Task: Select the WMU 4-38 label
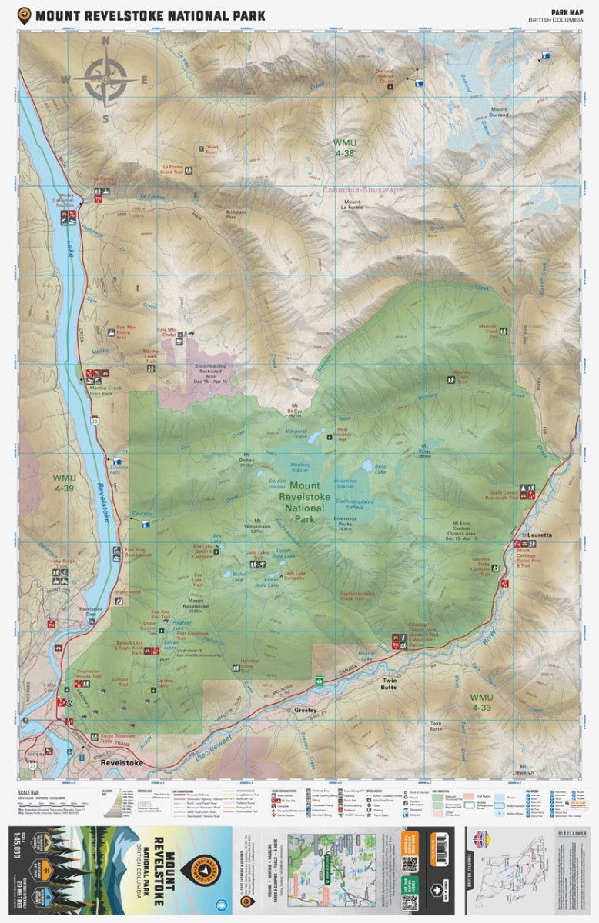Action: point(344,148)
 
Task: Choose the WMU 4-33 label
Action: point(482,701)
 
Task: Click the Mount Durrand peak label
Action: point(499,112)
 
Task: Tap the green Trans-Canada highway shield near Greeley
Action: point(318,679)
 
